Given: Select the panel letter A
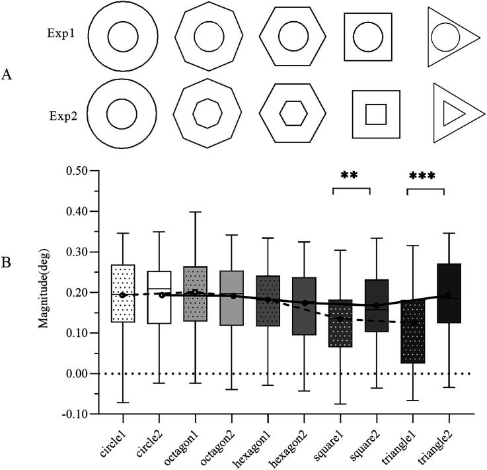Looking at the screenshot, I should pyautogui.click(x=7, y=75).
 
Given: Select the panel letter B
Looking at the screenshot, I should pyautogui.click(x=7, y=262).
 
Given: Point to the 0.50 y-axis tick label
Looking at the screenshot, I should pyautogui.click(x=77, y=171).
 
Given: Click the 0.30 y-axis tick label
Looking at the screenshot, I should pyautogui.click(x=77, y=252).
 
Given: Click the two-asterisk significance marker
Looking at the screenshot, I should pyautogui.click(x=350, y=176).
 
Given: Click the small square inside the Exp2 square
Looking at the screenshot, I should pyautogui.click(x=376, y=114).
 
